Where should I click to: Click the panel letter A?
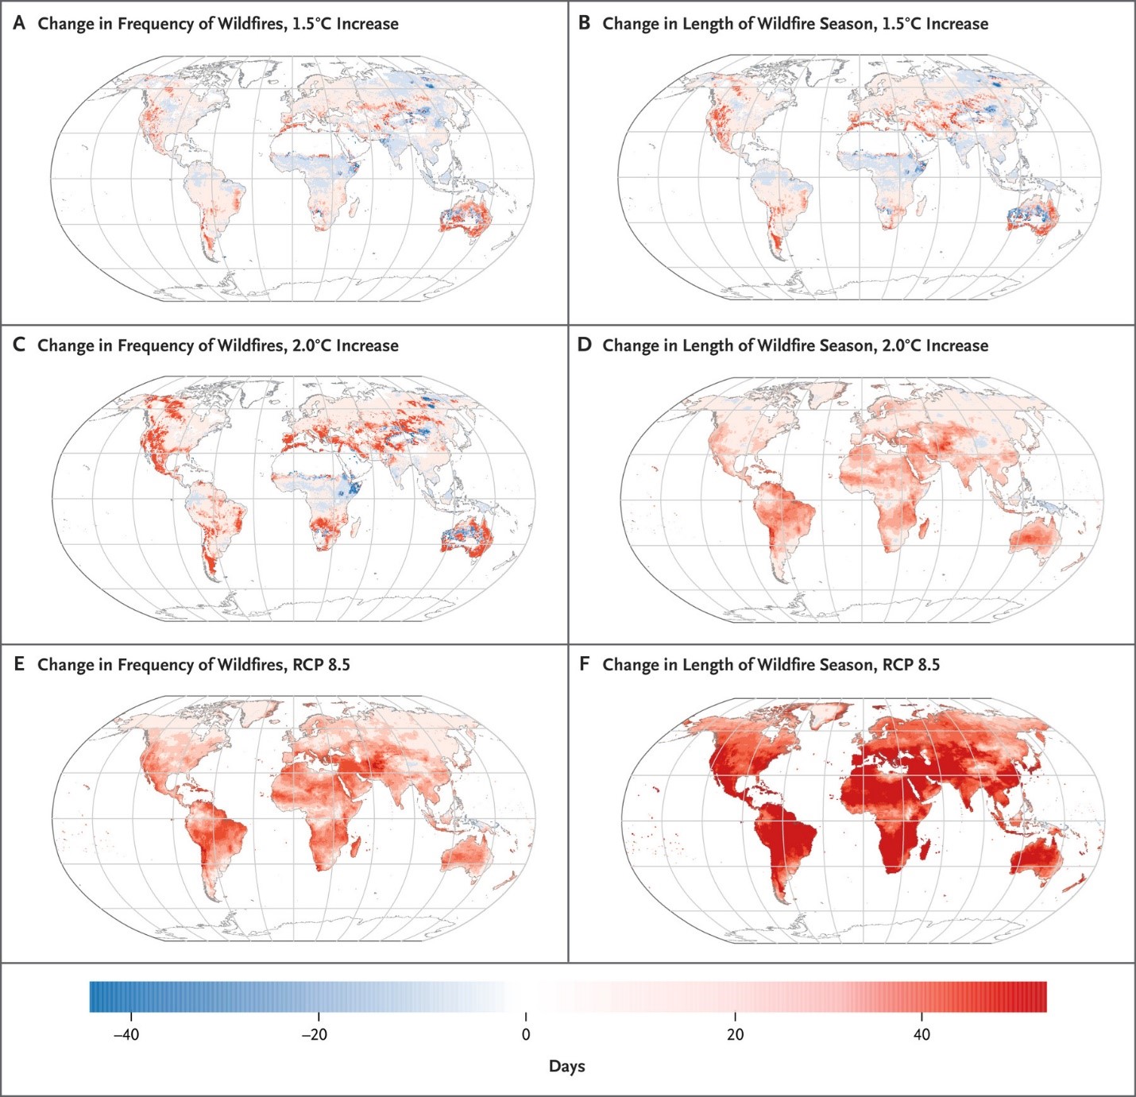tap(19, 23)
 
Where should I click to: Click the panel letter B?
tap(584, 23)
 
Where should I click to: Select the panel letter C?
tap(19, 345)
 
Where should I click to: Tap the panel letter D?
tap(585, 345)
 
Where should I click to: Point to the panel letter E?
tap(19, 664)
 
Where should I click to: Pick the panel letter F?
tap(584, 664)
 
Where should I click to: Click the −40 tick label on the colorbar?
tap(126, 1034)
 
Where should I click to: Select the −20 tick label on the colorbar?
tap(314, 1034)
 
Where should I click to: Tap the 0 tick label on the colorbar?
tap(526, 1034)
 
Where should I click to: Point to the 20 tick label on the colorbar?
tap(735, 1034)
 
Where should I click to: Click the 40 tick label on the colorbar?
tap(922, 1034)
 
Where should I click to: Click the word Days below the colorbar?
tap(566, 1066)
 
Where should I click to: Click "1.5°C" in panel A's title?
tap(311, 24)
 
